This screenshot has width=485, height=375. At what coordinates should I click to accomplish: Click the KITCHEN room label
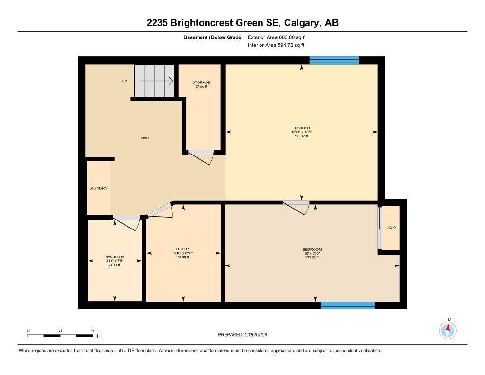tap(301, 128)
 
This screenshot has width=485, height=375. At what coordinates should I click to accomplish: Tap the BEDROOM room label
tap(312, 250)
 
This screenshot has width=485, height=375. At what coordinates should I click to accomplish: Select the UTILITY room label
tap(183, 249)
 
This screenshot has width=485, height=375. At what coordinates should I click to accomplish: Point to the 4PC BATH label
tap(114, 257)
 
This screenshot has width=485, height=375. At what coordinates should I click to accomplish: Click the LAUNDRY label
tap(98, 188)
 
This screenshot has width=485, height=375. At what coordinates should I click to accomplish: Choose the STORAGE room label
tap(201, 82)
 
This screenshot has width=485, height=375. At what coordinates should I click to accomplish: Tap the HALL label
tap(145, 138)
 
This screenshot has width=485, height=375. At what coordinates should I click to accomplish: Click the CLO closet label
tap(392, 228)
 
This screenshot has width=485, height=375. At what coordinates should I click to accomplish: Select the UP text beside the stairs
tap(124, 81)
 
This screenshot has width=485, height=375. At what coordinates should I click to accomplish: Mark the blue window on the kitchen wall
tap(334, 60)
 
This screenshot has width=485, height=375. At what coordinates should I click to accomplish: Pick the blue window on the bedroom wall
tap(347, 305)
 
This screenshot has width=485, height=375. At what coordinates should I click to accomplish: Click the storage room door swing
tap(201, 156)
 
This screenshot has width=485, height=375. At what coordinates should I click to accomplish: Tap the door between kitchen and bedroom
tap(296, 207)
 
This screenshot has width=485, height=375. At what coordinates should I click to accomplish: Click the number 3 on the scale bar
tap(60, 330)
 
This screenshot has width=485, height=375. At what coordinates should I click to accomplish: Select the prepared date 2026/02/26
tap(245, 334)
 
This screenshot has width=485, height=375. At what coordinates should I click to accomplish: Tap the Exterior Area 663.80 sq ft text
tap(280, 37)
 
